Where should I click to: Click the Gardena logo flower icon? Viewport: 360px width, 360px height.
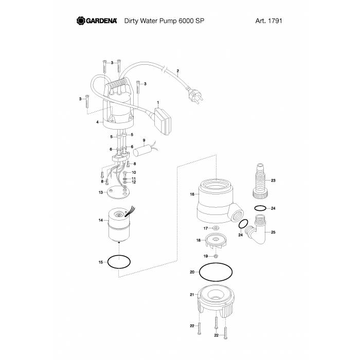point(81,21)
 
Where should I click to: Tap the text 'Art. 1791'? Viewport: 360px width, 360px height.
point(268,21)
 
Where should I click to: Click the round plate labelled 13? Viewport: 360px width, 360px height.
point(119,192)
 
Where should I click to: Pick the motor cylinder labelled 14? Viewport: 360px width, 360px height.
point(119,225)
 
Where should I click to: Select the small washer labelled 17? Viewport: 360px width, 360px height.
point(215,228)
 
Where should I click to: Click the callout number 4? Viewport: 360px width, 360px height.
point(97,122)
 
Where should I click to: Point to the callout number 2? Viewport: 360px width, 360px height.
point(178,71)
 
